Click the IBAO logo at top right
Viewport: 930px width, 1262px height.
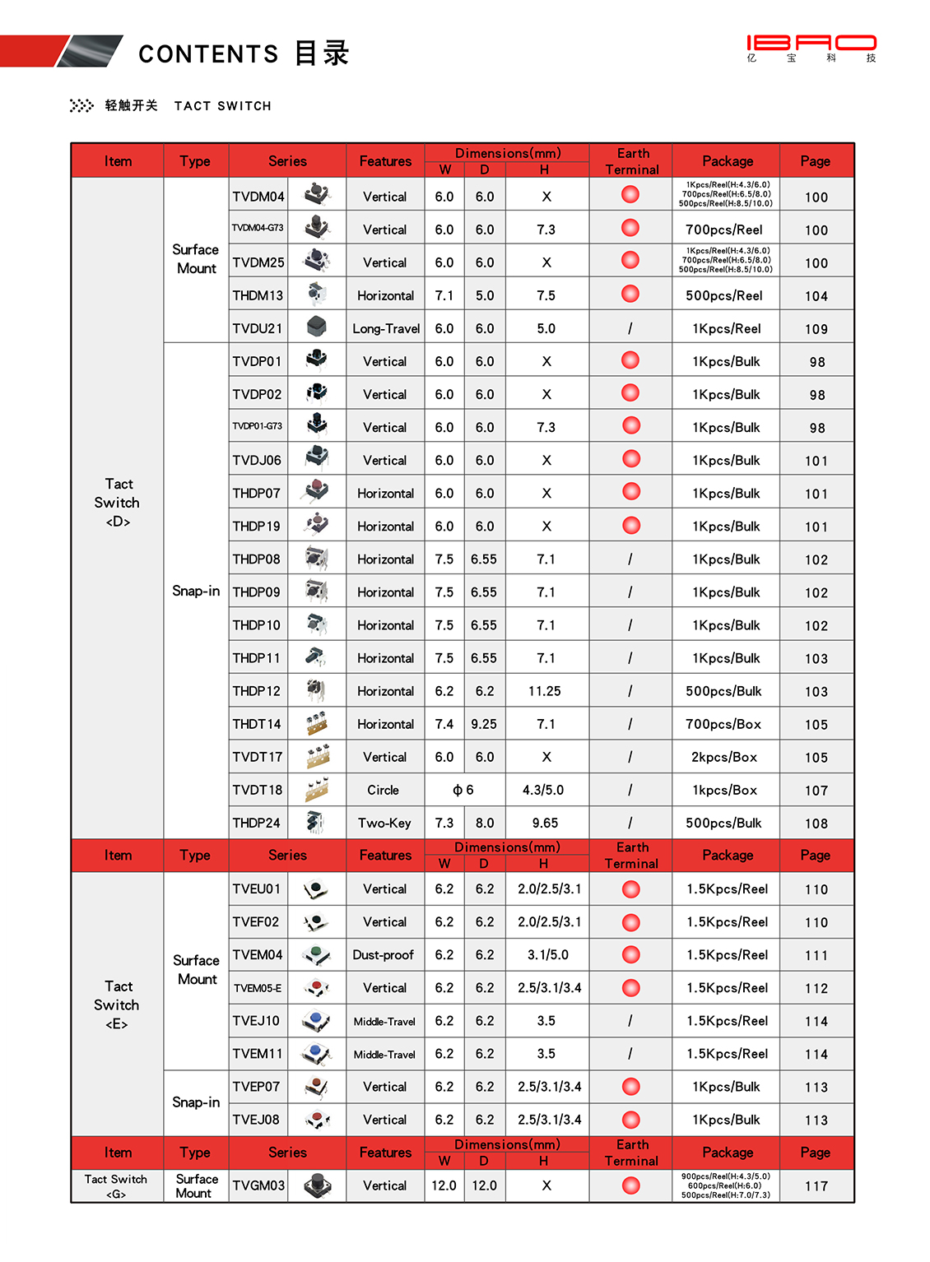[x=811, y=48]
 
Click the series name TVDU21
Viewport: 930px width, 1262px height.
[x=258, y=328]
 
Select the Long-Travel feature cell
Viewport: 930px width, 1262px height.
[x=386, y=328]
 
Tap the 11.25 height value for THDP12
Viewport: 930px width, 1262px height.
[x=545, y=691]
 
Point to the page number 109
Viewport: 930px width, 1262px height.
[x=816, y=329]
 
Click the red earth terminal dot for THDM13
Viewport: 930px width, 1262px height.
[x=630, y=294]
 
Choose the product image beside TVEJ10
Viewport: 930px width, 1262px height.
[x=316, y=1021]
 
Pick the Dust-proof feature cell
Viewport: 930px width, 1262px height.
[x=385, y=955]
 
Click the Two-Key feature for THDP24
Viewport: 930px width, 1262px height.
[x=384, y=823]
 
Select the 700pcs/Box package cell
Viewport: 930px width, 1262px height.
[x=724, y=724]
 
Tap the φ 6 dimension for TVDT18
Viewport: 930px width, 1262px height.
[x=463, y=790]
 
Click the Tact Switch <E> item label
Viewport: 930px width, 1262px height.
[x=117, y=1004]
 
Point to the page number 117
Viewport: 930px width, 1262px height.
[x=816, y=1186]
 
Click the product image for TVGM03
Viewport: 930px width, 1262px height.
[x=317, y=1185]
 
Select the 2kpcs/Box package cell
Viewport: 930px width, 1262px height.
[x=724, y=757]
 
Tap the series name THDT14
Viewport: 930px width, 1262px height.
[x=257, y=724]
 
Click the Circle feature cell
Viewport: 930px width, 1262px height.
[x=384, y=790]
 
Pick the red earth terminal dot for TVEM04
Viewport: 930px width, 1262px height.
[x=631, y=954]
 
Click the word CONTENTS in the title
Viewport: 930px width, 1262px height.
[x=208, y=54]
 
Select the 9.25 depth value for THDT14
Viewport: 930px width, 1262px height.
[x=484, y=724]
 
